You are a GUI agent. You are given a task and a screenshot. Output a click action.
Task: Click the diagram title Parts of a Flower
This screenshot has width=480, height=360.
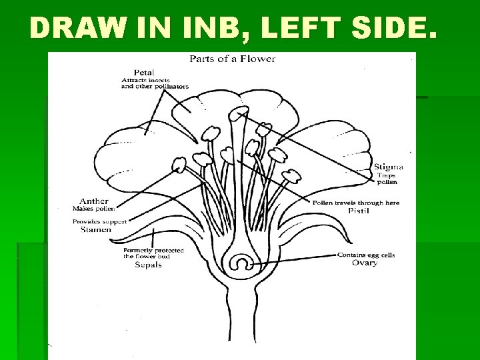[232, 59]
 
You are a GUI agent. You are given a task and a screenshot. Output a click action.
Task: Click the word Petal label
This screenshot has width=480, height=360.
[144, 72]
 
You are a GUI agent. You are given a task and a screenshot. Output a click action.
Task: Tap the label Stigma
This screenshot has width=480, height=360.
[388, 166]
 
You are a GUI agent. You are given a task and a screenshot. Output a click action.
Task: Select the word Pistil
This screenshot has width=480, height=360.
[359, 211]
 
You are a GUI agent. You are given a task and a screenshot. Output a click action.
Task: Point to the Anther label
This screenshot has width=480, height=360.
[93, 201]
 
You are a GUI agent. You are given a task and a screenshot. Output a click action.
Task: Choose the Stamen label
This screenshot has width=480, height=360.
[95, 229]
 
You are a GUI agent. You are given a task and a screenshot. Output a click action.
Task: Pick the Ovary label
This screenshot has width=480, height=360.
[364, 263]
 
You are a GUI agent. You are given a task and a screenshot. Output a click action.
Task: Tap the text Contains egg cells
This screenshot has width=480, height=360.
[366, 255]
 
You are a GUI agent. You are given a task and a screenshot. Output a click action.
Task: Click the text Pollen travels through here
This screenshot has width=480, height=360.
[355, 203]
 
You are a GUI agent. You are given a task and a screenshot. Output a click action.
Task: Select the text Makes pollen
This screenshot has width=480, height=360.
[93, 209]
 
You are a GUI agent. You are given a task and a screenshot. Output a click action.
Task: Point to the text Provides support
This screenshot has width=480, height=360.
[99, 221]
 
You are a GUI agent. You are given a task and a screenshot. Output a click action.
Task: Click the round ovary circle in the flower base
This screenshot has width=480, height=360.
[239, 263]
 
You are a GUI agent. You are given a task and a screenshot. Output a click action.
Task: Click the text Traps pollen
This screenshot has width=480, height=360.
[387, 178]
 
